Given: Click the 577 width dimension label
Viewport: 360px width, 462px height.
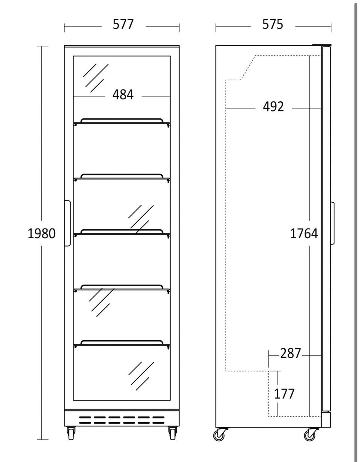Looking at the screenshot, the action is pos(123,24).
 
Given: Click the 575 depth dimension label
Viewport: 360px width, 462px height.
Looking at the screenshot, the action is pos(273,24).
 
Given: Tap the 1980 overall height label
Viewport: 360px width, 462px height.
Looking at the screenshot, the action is pos(42,233).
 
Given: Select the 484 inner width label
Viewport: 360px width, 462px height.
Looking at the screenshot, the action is pos(123,95).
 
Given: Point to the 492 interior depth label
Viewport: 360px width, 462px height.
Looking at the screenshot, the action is pos(273,107).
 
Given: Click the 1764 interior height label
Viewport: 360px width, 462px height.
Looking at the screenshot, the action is pos(304,233).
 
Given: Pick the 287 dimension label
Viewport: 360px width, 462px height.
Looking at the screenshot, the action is pos(290,353).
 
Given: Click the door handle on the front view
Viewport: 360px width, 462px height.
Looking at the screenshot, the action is pos(67,223).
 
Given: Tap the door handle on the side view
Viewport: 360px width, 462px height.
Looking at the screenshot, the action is pos(332,223).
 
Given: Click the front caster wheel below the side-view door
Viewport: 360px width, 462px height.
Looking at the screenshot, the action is pos(310,434).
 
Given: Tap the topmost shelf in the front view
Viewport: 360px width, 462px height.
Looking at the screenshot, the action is pos(122,122).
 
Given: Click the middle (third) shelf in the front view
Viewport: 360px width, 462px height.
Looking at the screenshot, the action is pos(122,233).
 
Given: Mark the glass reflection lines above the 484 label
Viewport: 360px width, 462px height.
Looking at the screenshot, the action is pos(96,78).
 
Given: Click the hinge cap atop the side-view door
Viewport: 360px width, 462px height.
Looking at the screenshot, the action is pos(321,45).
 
